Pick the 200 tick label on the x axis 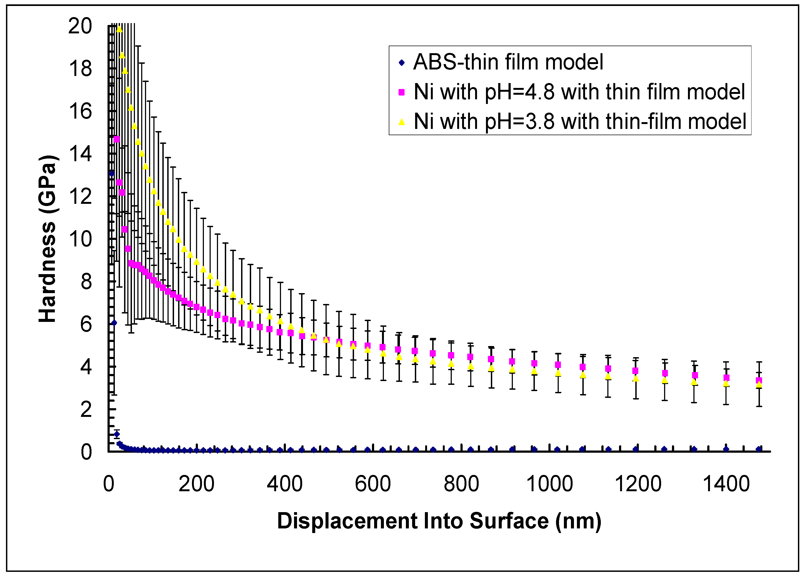[x=197, y=484]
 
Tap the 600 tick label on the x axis [x=373, y=484]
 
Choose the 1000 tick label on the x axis [x=550, y=484]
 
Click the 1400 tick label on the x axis [x=726, y=484]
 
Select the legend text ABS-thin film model [x=508, y=62]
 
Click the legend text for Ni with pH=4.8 [x=579, y=92]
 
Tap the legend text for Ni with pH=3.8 [x=580, y=122]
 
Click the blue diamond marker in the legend [x=401, y=63]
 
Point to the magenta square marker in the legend [x=401, y=92]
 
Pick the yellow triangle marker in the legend [x=401, y=122]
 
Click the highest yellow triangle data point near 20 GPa [x=119, y=29]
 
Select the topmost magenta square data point [x=116, y=139]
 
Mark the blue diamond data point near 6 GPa [x=114, y=323]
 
